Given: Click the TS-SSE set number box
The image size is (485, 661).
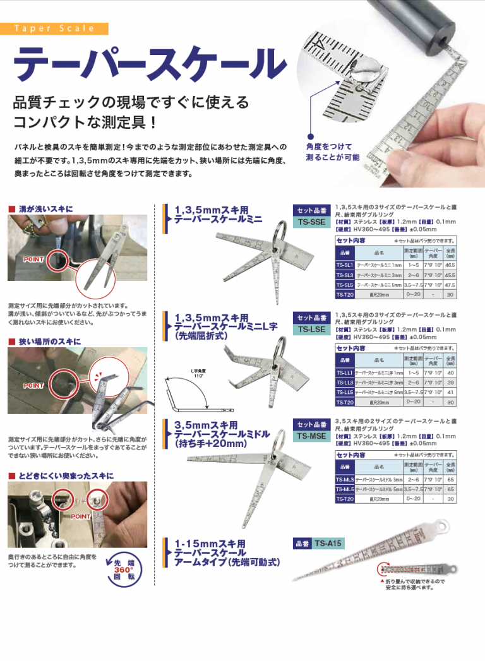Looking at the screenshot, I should pyautogui.click(x=311, y=222).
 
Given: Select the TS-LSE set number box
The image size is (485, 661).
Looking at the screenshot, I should pyautogui.click(x=311, y=329).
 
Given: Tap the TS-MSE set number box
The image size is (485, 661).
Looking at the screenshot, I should pyautogui.click(x=311, y=436).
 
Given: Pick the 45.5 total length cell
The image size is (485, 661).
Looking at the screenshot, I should pyautogui.click(x=450, y=276).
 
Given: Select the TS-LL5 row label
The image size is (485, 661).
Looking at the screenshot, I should pyautogui.click(x=344, y=392).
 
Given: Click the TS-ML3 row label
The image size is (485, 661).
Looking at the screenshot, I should pyautogui.click(x=344, y=480).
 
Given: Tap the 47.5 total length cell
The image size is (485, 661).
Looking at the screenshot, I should pyautogui.click(x=450, y=285).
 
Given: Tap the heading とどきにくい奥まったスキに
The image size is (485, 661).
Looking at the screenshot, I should pyautogui.click(x=66, y=475).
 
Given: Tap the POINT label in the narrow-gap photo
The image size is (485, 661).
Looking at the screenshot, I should pyautogui.click(x=33, y=385).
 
